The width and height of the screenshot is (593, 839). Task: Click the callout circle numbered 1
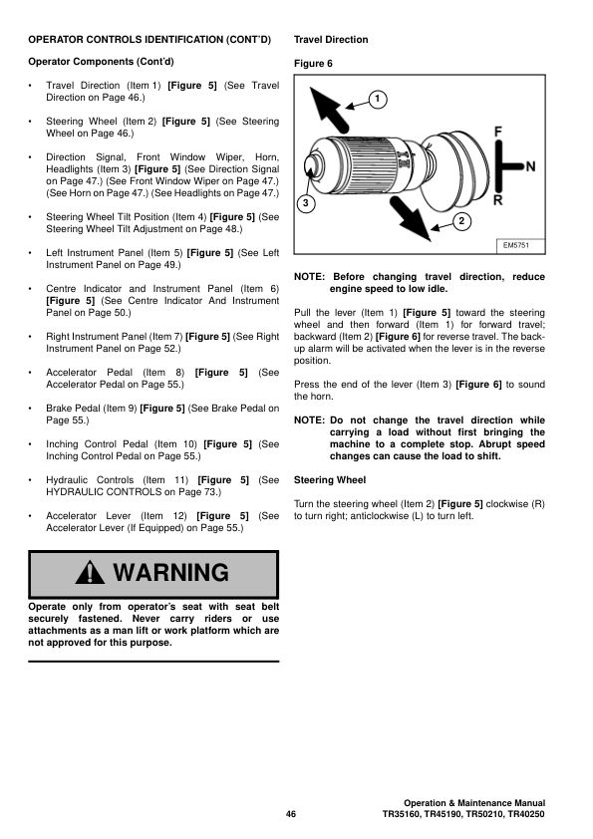378,99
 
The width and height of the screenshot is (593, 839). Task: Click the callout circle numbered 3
307,204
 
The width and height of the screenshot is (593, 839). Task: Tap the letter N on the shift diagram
530,165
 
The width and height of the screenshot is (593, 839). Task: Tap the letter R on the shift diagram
498,200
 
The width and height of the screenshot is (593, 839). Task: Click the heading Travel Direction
331,40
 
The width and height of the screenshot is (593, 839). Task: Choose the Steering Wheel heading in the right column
330,480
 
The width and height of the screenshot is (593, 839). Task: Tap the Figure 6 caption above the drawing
313,63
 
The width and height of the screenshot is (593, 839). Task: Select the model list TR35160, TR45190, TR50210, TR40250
463,814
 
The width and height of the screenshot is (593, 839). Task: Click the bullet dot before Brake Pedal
32,409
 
